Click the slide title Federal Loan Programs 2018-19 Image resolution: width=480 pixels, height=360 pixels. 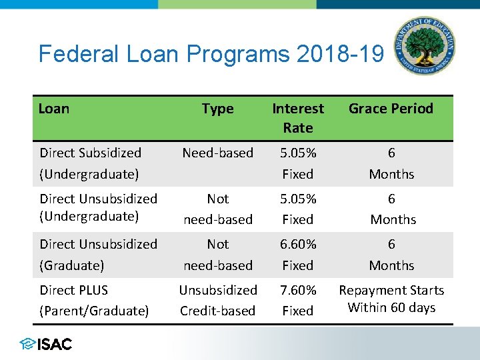point(211,53)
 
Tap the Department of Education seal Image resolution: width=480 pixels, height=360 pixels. point(424,46)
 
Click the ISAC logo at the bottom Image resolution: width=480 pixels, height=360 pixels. point(46,344)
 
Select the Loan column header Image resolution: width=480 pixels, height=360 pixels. point(54,109)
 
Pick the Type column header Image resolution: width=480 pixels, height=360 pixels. point(218,109)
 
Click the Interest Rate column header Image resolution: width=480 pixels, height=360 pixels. point(298,117)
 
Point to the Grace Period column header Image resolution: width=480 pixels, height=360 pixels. point(391,109)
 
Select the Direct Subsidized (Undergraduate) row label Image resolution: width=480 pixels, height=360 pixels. point(90,163)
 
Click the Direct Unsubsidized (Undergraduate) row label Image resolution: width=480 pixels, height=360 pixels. point(98,207)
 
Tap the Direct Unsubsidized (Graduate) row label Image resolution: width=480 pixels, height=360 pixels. point(98,255)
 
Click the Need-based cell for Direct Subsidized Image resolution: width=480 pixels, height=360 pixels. point(218,153)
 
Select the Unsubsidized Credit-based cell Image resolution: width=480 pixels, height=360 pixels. point(218,300)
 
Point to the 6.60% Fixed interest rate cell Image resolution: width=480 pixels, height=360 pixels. point(298,255)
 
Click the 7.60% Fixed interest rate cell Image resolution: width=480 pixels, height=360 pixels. point(298,300)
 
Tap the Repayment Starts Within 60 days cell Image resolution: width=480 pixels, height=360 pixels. point(391,299)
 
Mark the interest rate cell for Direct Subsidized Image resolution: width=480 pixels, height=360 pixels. point(298,163)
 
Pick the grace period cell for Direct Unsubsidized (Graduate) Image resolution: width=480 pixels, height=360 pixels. point(391,255)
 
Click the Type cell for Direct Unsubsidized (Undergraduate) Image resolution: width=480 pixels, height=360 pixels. point(218,209)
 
